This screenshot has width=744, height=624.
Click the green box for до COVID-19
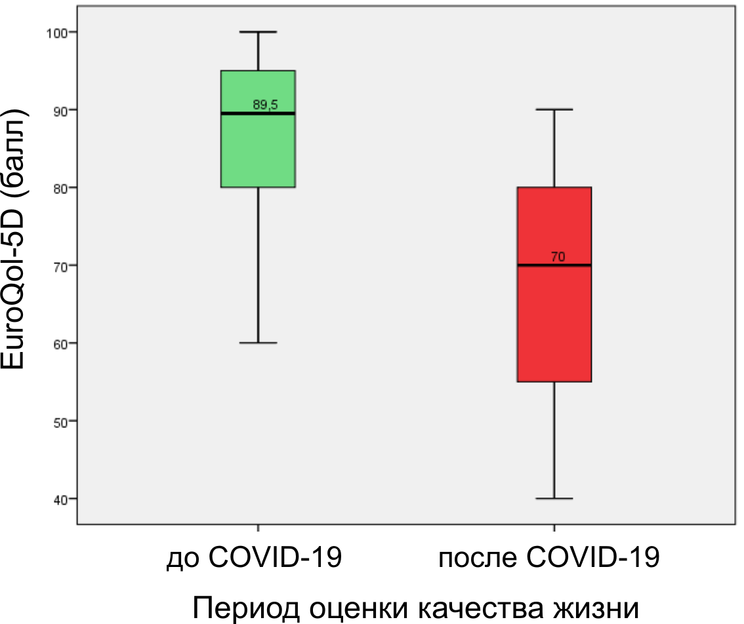point(258,151)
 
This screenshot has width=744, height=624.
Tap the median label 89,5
point(266,104)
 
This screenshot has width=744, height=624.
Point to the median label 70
point(558,257)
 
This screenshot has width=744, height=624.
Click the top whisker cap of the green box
point(258,31)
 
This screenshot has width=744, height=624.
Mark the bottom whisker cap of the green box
point(258,343)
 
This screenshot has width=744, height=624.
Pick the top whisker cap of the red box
point(554,109)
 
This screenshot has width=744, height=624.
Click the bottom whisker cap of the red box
point(554,499)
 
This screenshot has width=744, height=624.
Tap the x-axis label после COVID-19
point(548,558)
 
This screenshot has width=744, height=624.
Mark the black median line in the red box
point(554,265)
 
